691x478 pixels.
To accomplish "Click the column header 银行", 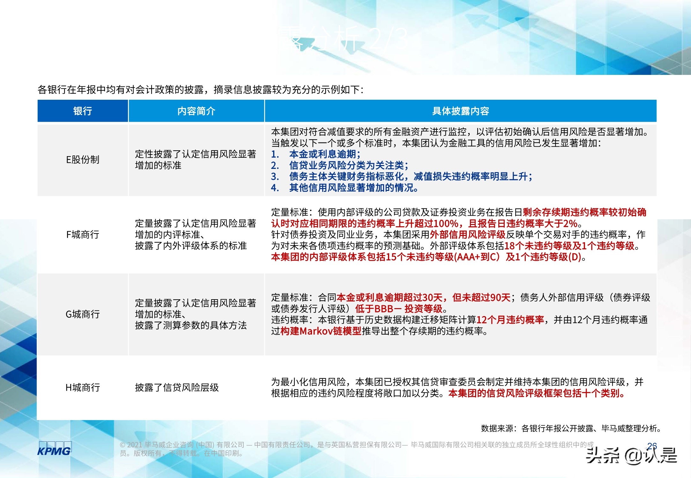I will point(83,111).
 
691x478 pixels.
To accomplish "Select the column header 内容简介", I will point(196,111).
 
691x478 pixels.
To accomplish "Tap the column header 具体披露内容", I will point(460,111).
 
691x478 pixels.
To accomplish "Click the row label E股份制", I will point(83,159).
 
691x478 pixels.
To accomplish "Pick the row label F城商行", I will point(83,235).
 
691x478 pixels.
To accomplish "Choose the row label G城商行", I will point(83,314).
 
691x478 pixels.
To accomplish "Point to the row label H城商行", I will point(83,387).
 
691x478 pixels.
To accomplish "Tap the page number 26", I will point(652,446).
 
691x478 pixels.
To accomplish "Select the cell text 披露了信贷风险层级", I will point(177,387).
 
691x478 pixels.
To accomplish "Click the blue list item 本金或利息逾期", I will point(324,154).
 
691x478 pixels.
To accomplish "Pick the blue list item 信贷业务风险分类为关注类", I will point(348,165).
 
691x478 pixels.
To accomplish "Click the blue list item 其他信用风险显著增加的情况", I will point(353,188).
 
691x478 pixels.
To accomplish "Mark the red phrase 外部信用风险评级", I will point(467,235).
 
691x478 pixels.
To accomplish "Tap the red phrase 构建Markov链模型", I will point(321,331).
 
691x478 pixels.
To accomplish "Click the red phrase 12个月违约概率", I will point(510,320).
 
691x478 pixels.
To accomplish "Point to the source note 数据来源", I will point(497,428).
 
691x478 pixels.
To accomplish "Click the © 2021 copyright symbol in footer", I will point(123,445).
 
